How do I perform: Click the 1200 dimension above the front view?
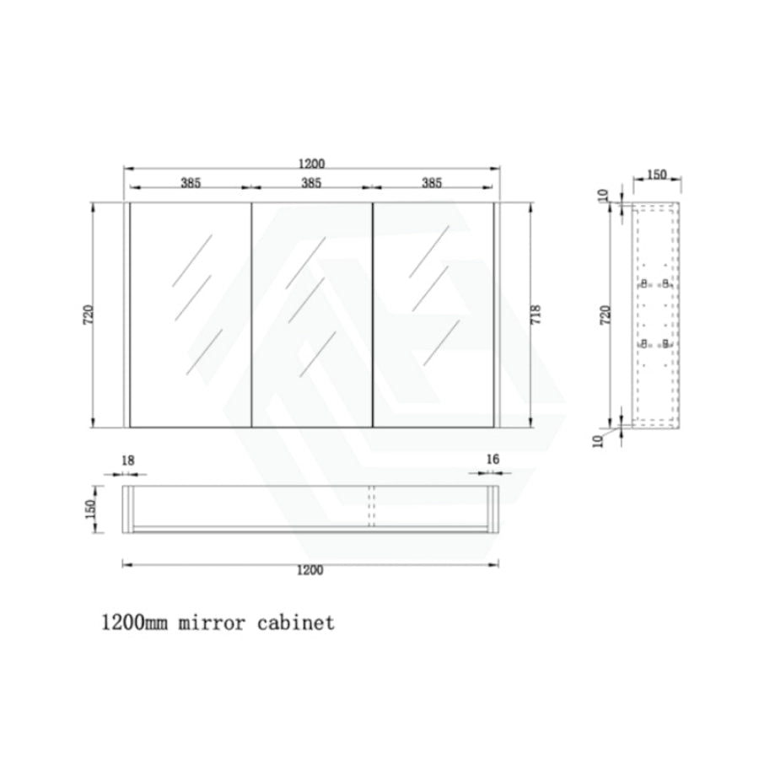(311, 164)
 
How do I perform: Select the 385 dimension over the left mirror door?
(191, 183)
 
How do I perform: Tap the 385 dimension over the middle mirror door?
(311, 183)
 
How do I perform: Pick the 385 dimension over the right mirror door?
(432, 183)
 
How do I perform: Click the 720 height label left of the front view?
(88, 315)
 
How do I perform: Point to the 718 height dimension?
(536, 315)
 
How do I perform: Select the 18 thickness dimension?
(128, 460)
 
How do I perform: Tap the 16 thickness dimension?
(493, 459)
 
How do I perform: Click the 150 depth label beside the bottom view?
(90, 509)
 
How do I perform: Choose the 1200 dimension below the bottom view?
(310, 570)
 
